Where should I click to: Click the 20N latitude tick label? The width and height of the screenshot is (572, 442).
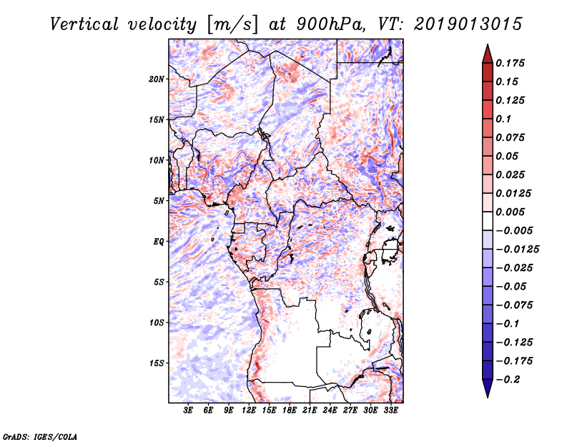click(x=157, y=79)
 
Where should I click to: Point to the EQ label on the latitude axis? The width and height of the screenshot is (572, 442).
click(x=159, y=242)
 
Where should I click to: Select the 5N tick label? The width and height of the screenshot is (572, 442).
click(x=159, y=201)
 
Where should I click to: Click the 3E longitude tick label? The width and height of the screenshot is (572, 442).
click(x=188, y=411)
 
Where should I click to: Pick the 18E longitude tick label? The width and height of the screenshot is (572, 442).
click(x=290, y=411)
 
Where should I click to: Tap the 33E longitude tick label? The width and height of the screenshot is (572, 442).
click(x=390, y=411)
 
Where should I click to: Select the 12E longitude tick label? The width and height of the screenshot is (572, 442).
click(x=249, y=411)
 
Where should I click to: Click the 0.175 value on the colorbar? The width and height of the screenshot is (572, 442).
click(x=510, y=63)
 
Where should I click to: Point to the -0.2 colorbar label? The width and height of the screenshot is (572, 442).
click(x=508, y=380)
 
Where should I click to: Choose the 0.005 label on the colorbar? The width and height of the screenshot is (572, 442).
click(x=510, y=212)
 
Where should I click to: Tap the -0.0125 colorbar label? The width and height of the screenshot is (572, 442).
click(x=517, y=250)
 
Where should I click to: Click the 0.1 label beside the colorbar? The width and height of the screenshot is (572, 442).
click(x=503, y=119)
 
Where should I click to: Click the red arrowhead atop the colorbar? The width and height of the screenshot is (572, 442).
click(x=488, y=54)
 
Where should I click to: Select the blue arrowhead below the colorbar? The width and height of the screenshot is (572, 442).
click(x=488, y=388)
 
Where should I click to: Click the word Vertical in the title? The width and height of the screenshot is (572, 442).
click(x=84, y=24)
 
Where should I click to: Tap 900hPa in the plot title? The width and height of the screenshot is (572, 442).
click(x=330, y=24)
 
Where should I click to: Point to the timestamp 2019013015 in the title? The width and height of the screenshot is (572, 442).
click(x=468, y=24)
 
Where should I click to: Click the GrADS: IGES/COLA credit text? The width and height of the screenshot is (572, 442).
click(x=40, y=436)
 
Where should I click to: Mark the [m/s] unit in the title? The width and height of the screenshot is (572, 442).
click(x=232, y=25)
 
